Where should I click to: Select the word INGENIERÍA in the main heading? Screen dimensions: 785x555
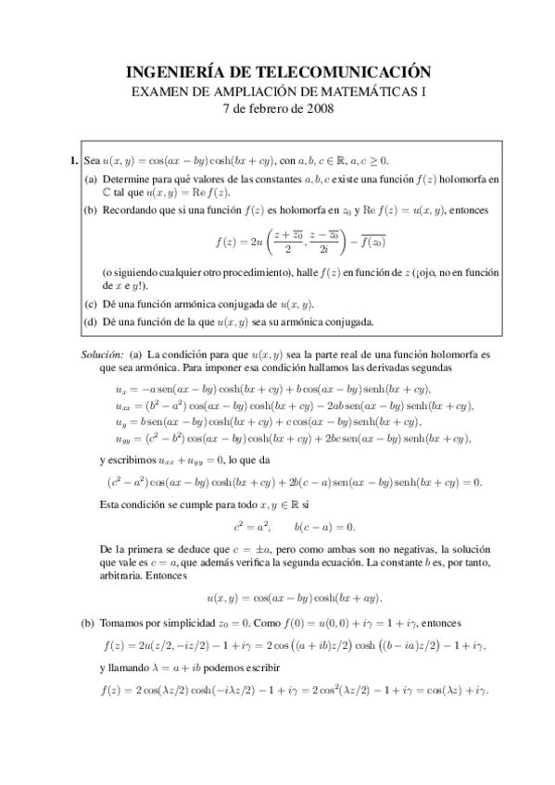[166, 71]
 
